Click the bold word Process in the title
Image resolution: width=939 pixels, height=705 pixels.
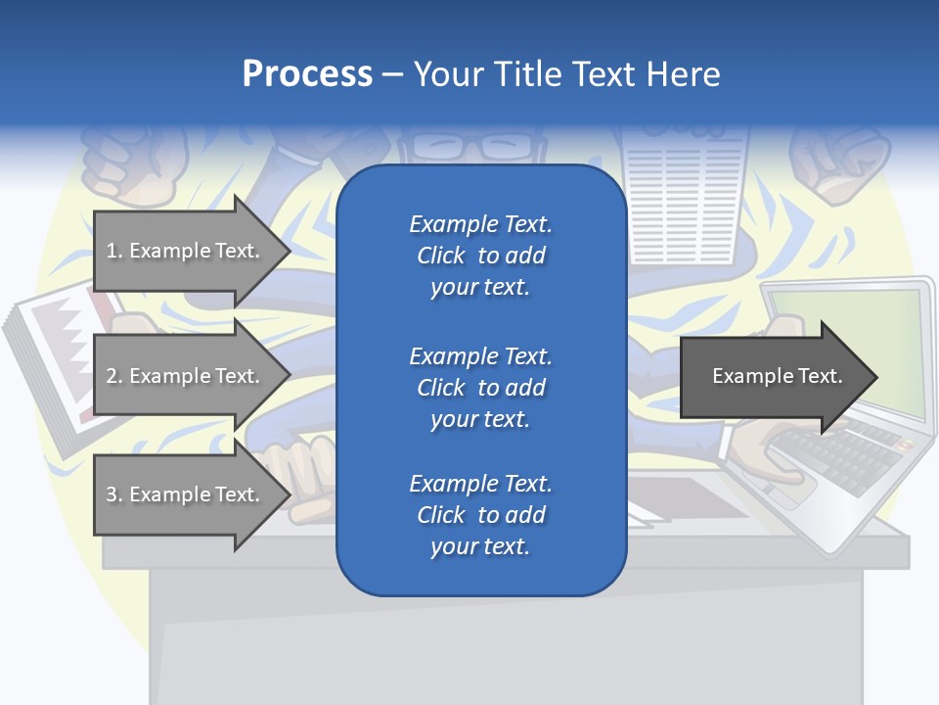[307, 74]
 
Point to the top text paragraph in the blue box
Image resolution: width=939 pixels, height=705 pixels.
[480, 256]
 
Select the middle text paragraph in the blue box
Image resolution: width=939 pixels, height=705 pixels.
[480, 387]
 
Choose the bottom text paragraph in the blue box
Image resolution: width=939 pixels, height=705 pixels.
[480, 515]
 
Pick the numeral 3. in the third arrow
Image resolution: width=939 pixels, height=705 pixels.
[114, 494]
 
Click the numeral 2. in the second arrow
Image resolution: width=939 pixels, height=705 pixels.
[114, 376]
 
